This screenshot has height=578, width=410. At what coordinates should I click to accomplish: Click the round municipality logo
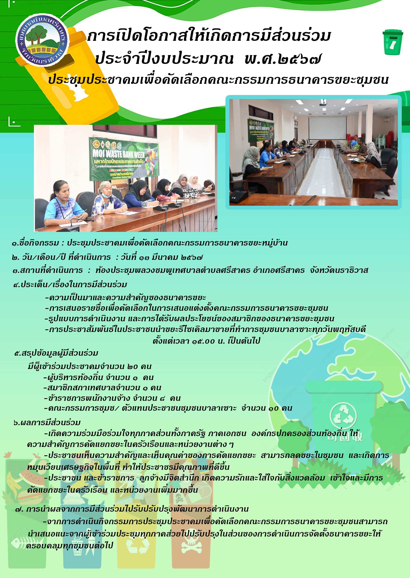[42, 40]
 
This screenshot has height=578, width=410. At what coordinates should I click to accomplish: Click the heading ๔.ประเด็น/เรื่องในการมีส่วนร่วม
[70, 285]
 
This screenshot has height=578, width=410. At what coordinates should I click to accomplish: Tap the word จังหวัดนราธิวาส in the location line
[339, 270]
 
